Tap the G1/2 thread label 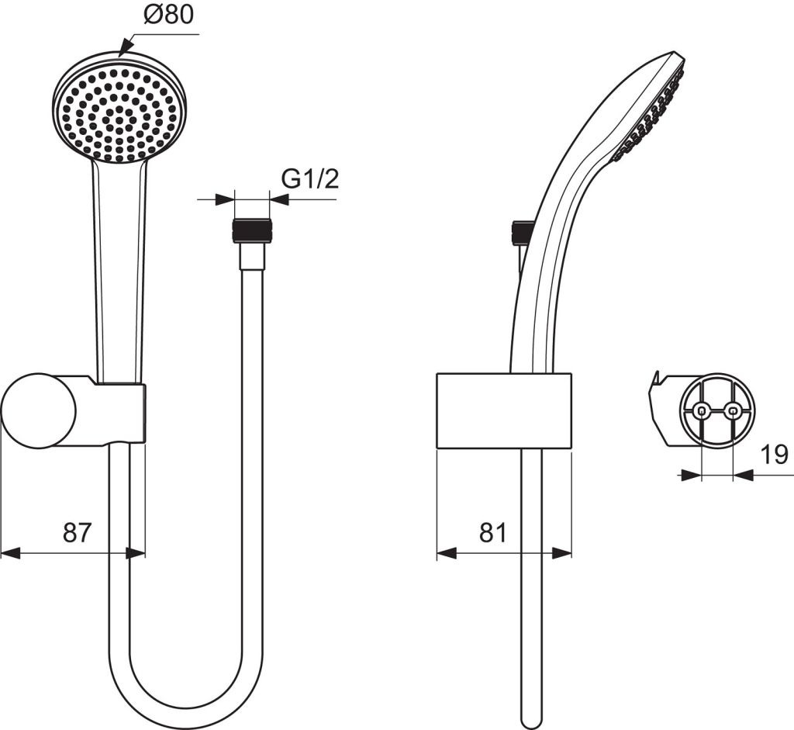click(310, 179)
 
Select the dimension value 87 click(77, 532)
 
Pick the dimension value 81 click(493, 532)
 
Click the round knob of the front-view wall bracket click(38, 410)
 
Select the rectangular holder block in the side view click(504, 411)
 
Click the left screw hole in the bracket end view click(701, 411)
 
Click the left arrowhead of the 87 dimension click(9, 553)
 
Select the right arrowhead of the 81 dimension click(564, 553)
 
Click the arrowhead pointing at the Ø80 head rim click(123, 50)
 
